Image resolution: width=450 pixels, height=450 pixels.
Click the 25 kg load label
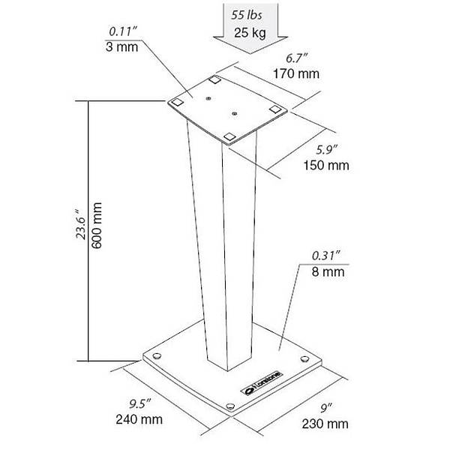point(250,33)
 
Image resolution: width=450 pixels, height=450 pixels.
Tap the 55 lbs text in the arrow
point(247,15)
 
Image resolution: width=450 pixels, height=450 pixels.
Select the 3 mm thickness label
point(121,46)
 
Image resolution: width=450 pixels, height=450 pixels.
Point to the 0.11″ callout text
point(123,31)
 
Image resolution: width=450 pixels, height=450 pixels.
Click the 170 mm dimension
point(296,73)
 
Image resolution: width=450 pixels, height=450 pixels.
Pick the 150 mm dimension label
point(326,165)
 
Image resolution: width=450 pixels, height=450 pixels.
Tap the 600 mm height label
point(97,225)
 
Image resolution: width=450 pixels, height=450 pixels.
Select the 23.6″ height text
point(80,224)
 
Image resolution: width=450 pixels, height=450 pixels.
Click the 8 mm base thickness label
point(328,271)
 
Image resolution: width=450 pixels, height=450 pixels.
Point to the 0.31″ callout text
point(326,256)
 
